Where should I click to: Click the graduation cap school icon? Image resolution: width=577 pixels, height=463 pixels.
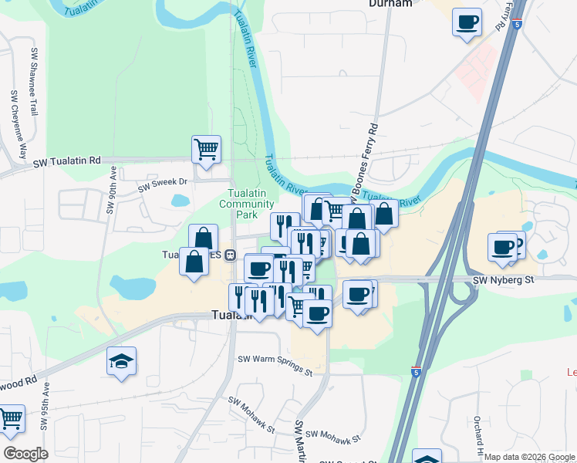coord(121,361)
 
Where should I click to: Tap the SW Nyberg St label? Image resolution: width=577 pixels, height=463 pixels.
coord(503,279)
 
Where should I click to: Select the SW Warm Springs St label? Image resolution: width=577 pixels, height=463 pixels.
coord(275,363)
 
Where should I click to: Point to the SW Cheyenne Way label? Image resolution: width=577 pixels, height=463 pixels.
coord(18,123)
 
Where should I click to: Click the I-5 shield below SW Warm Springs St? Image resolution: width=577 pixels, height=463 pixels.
coord(416,372)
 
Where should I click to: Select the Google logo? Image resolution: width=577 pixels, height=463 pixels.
coord(25,454)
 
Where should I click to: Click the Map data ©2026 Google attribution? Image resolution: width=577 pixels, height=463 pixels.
coord(528,457)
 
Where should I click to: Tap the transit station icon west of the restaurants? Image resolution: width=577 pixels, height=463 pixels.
coord(230,255)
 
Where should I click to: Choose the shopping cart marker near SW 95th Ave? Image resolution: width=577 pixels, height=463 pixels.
coord(10,419)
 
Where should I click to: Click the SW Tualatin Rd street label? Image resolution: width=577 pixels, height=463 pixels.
coord(67,161)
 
